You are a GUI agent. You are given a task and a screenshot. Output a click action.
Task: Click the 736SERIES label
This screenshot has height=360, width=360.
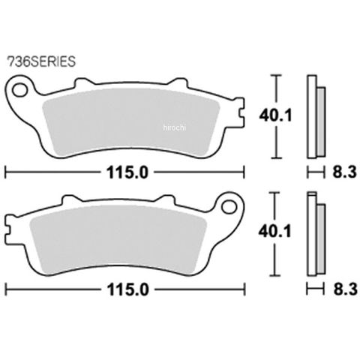click(41, 61)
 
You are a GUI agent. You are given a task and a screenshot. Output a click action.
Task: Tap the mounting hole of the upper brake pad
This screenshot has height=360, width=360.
click(20, 90)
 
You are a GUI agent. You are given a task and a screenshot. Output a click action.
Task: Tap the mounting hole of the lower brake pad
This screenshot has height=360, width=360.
click(229, 207)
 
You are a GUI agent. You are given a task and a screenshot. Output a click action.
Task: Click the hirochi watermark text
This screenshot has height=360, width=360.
click(175, 127)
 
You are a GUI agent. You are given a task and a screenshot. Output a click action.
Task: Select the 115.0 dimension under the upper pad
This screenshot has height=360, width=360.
click(127, 172)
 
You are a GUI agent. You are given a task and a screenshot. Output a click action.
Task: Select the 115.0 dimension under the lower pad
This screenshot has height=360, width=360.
click(127, 289)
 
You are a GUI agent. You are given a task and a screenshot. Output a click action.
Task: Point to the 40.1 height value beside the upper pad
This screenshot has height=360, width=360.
click(275, 115)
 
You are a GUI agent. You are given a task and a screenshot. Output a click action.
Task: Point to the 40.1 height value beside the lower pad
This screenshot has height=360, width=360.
click(275, 232)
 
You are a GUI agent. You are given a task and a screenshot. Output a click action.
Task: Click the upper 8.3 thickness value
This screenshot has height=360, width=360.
click(344, 172)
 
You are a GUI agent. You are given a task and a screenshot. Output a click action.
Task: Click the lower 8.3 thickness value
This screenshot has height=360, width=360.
click(344, 289)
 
